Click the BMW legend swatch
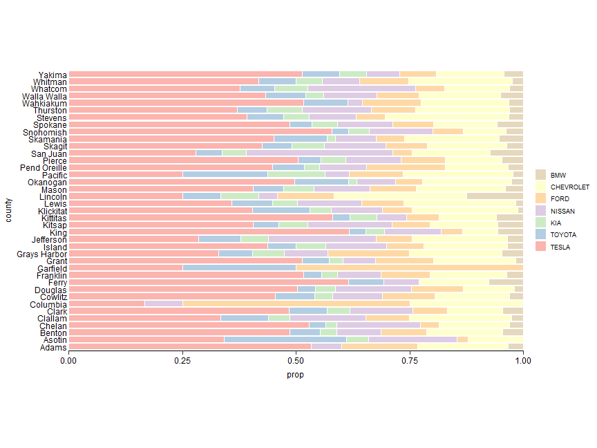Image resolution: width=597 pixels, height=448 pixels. [x=541, y=175]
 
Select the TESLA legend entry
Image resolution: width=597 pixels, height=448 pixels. [x=560, y=247]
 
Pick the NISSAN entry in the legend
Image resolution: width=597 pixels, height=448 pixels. [x=562, y=211]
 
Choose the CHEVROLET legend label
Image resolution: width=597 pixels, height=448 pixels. [x=569, y=187]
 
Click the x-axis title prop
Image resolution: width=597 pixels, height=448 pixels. [x=296, y=375]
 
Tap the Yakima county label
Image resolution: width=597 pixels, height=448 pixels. [x=53, y=75]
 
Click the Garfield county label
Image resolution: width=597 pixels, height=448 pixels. [x=52, y=268]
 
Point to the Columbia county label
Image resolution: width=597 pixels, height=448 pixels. [x=48, y=304]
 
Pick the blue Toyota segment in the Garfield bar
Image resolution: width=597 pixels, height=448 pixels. [x=239, y=268]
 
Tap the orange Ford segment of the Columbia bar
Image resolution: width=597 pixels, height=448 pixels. [x=296, y=304]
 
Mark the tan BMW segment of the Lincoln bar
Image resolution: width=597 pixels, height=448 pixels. [x=495, y=196]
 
